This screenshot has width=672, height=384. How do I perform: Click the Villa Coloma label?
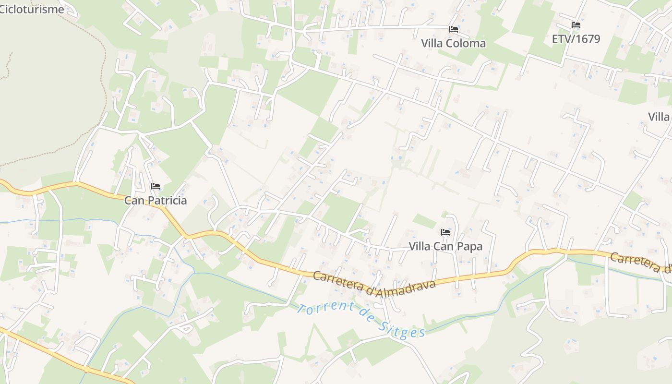(x=453, y=43)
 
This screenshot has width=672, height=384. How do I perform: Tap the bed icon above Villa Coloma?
(x=453, y=29)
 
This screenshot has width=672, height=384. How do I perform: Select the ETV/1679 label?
(x=576, y=39)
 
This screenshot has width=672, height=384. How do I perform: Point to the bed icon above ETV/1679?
(x=576, y=25)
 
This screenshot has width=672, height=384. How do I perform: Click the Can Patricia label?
(x=155, y=200)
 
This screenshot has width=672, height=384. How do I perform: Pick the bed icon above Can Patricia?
(x=155, y=186)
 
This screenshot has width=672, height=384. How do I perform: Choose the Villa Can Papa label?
(x=445, y=246)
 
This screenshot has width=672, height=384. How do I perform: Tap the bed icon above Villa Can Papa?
(x=445, y=232)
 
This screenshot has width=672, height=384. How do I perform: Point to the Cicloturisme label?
(x=32, y=9)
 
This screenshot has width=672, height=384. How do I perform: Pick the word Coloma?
(x=466, y=43)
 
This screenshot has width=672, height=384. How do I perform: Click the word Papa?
(x=470, y=246)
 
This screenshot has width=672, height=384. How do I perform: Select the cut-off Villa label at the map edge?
(x=659, y=117)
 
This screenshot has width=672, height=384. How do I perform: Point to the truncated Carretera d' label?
(x=641, y=263)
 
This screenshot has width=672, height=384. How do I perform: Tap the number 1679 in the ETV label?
(x=587, y=39)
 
